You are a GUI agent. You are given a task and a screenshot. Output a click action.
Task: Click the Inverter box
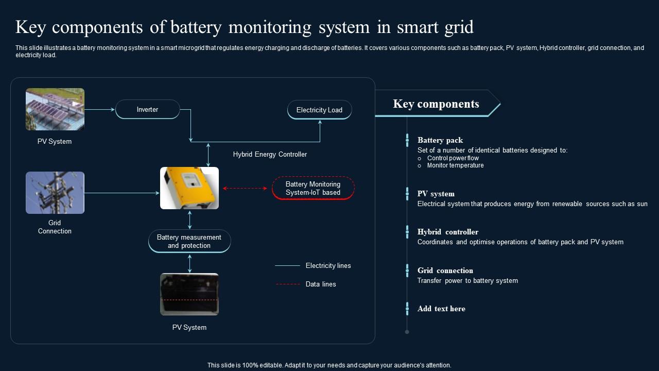pos(147,109)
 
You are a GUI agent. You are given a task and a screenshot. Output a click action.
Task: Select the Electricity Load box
pos(319,110)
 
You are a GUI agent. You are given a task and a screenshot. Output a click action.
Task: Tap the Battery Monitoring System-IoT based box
pos(313,188)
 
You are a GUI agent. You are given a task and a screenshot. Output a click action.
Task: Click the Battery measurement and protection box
pos(189,241)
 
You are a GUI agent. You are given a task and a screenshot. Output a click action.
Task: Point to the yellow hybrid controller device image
pos(189,188)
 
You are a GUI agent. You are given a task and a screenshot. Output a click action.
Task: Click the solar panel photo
pos(55,109)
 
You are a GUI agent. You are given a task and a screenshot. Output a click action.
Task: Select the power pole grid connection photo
pos(55,193)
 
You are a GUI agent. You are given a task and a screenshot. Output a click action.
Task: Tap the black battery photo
pos(189,294)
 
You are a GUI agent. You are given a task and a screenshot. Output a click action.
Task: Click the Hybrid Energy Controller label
pos(270,154)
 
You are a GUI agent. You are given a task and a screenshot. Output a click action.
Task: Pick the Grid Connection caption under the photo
pos(55,227)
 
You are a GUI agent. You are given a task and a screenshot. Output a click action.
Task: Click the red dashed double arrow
pos(245,189)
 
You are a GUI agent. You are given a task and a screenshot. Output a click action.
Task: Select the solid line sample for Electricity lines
pos(287,266)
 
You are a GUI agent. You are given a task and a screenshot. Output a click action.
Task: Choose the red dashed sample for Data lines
pos(287,284)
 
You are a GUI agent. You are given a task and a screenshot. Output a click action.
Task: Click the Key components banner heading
pos(436,104)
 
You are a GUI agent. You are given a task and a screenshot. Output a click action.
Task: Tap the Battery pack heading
pos(440,140)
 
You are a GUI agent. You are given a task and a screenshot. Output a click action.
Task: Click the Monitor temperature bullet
pos(455,165)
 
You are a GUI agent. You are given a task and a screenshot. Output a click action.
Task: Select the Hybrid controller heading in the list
pos(448,232)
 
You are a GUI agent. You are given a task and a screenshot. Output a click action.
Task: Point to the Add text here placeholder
pos(441,309)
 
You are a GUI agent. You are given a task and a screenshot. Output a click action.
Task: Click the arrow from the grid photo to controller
pos(122,193)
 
